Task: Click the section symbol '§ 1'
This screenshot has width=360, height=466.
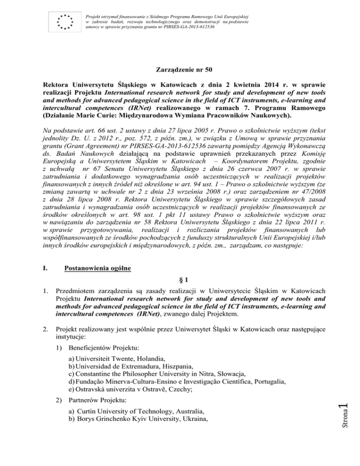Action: (180, 286)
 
